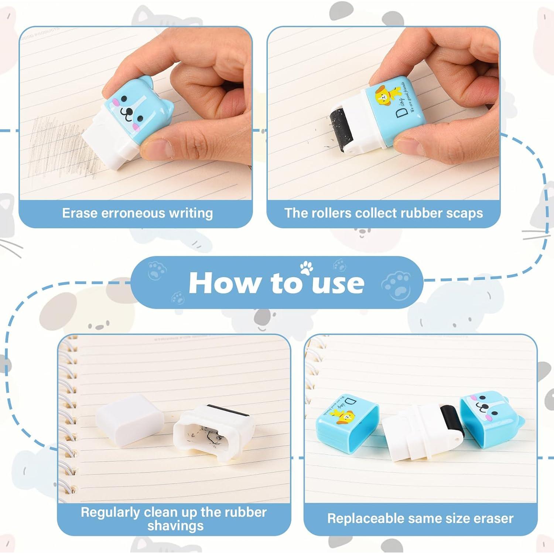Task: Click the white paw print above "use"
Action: tap(306, 268)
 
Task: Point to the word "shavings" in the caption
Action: tap(175, 525)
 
